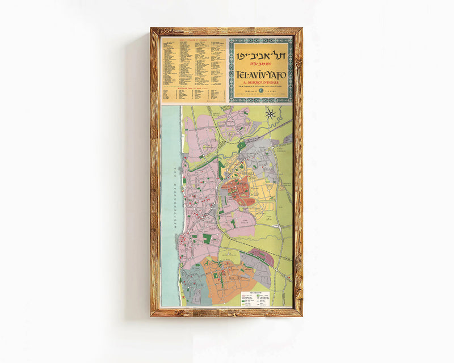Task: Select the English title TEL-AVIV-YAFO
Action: pos(261,73)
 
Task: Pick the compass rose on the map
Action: pos(271,113)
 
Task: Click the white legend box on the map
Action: pos(255,298)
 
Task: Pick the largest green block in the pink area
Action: pos(208,239)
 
